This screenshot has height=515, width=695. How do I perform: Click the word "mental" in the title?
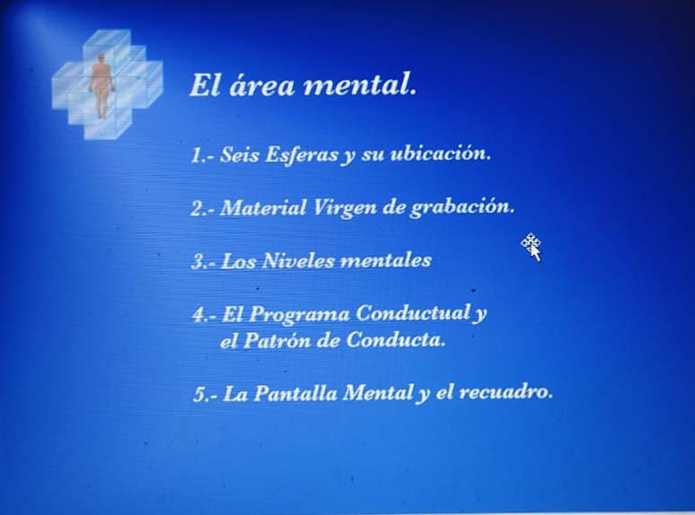(359, 84)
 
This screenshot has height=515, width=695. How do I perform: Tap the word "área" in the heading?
(261, 84)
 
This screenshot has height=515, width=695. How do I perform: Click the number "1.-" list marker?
(203, 155)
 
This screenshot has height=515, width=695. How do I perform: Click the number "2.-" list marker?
(204, 208)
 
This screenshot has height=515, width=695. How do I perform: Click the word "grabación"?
(462, 207)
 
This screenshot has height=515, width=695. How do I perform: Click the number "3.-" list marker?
(205, 261)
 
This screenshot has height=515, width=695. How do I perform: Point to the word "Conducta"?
(395, 339)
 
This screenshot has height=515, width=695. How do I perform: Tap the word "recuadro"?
(506, 392)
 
